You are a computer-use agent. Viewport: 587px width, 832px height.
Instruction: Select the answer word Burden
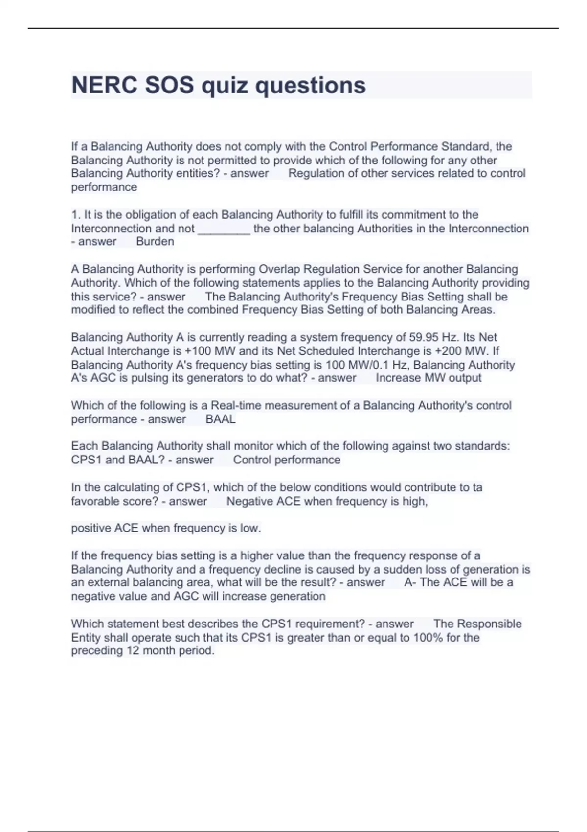click(x=155, y=242)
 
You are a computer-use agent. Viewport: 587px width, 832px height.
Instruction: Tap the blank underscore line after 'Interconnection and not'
click(x=224, y=229)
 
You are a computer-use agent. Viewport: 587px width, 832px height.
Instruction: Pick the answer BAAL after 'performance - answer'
click(x=220, y=419)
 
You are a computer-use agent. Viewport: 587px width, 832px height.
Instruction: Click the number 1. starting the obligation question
click(x=76, y=215)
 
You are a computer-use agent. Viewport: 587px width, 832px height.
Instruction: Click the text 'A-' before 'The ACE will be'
click(x=410, y=582)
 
